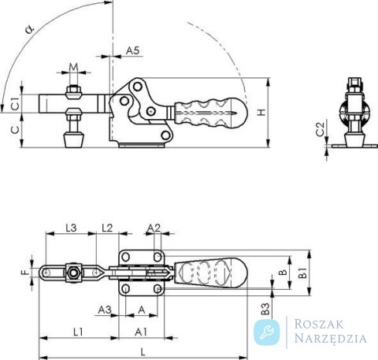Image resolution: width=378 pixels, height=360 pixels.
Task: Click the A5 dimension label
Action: point(133,50)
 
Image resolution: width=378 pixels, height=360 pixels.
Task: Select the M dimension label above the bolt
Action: point(74,67)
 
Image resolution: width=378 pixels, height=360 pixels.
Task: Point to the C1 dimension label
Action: point(16,104)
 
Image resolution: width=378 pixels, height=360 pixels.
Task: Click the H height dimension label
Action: point(261,113)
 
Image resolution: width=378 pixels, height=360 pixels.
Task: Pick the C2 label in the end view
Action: point(320,128)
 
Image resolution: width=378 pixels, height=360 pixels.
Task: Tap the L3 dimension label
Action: point(71,228)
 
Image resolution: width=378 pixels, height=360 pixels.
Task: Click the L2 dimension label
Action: point(107,228)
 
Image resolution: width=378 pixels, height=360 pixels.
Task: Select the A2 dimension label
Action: point(154,228)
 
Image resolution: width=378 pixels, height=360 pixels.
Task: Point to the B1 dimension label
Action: point(304,273)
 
